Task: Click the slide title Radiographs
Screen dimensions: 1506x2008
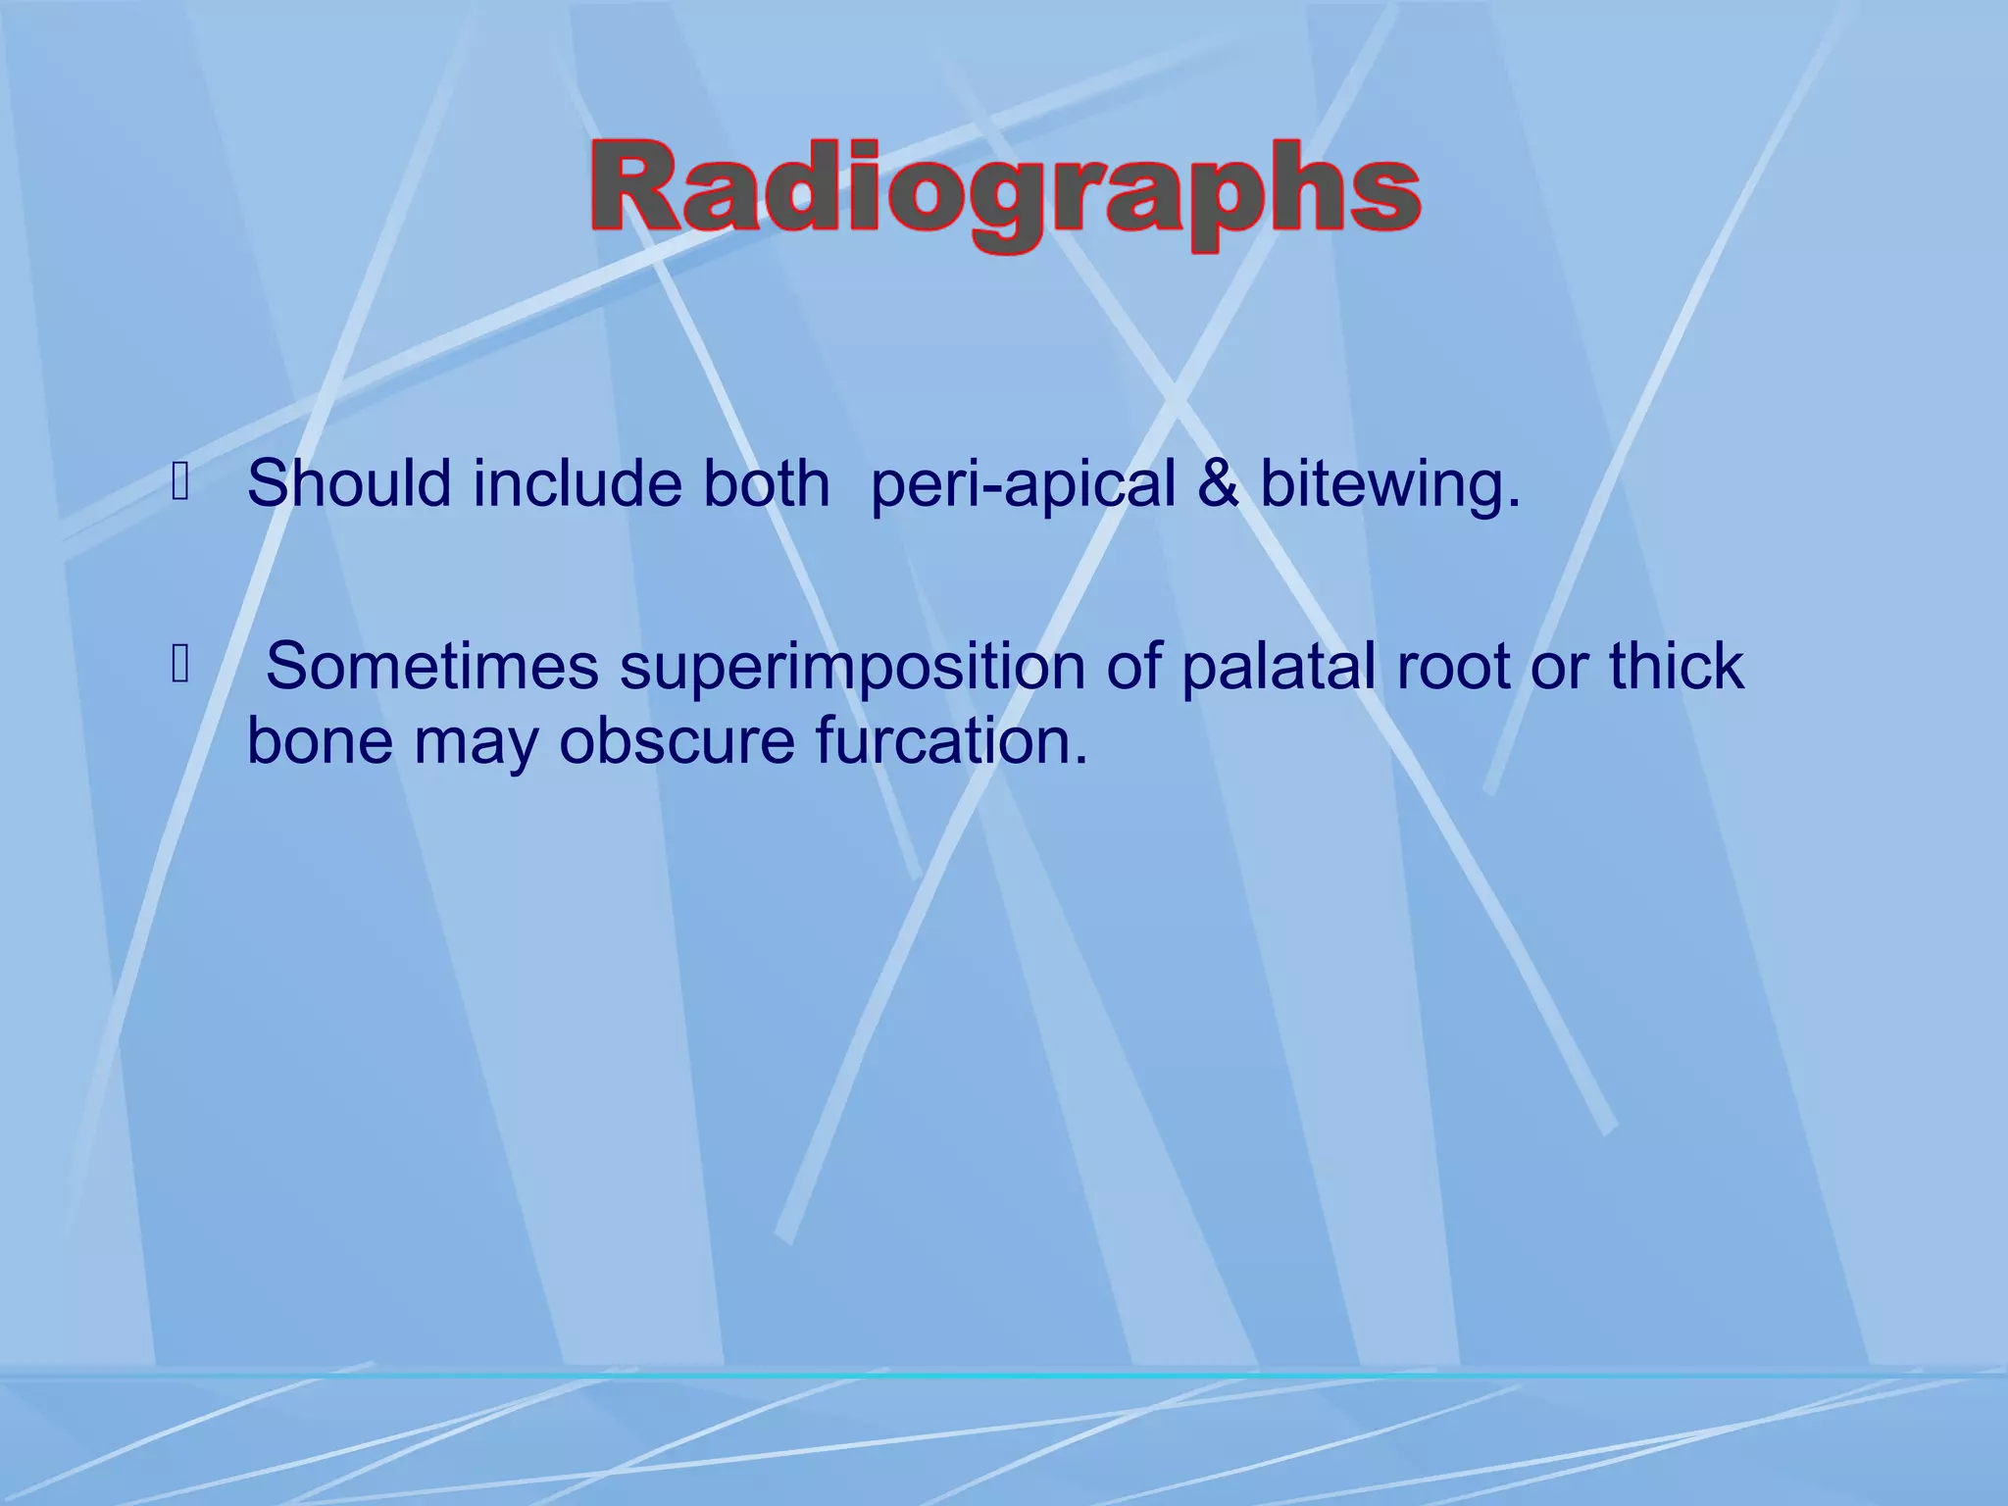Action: [x=1006, y=190]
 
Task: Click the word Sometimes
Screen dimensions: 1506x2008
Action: [x=431, y=667]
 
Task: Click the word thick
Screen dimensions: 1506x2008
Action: [x=1676, y=667]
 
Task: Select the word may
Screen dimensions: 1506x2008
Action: [x=476, y=743]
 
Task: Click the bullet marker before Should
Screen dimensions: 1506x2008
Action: [x=179, y=481]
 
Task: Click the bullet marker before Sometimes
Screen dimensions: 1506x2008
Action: [x=179, y=665]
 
